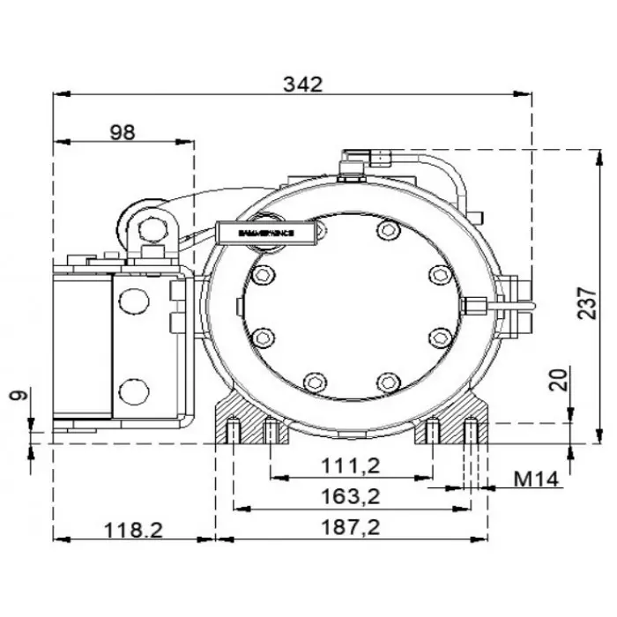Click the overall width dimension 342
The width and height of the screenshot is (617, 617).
[x=303, y=84]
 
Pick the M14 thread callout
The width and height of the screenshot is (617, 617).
[x=537, y=479]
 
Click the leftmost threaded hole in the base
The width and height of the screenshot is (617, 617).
[x=231, y=431]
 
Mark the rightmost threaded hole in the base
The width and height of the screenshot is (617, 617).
[x=472, y=431]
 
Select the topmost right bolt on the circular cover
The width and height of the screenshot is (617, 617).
[x=385, y=231]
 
